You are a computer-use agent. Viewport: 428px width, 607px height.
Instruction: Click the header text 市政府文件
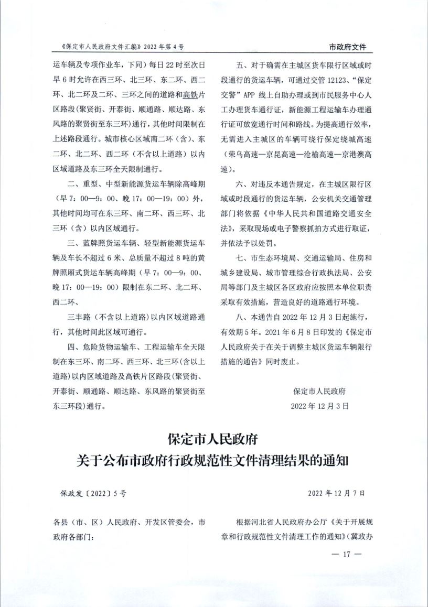coord(347,47)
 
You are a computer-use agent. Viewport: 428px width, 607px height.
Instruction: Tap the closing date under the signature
coord(320,406)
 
